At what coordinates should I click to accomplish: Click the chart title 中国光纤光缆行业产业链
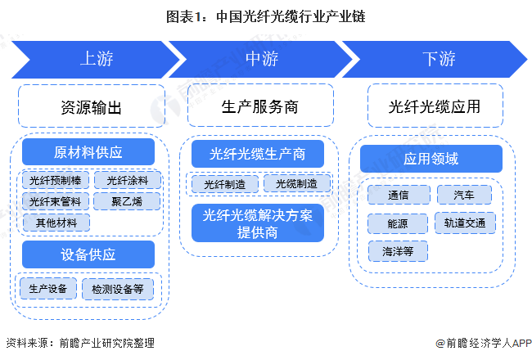point(266,15)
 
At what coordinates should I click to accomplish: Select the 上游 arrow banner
point(96,60)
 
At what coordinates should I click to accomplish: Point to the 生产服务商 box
point(259,107)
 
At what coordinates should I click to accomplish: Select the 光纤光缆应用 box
point(434,107)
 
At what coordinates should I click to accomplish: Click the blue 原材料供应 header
point(88,152)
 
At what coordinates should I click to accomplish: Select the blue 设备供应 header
point(88,254)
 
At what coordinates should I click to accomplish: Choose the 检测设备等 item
point(117,288)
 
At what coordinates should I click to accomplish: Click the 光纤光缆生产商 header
point(257,154)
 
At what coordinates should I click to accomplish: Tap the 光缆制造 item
point(296,183)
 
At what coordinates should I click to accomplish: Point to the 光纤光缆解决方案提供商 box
point(257,223)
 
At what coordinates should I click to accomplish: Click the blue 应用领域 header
point(431,159)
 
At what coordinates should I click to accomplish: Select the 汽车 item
point(464,195)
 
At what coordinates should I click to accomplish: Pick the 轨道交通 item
point(464,223)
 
